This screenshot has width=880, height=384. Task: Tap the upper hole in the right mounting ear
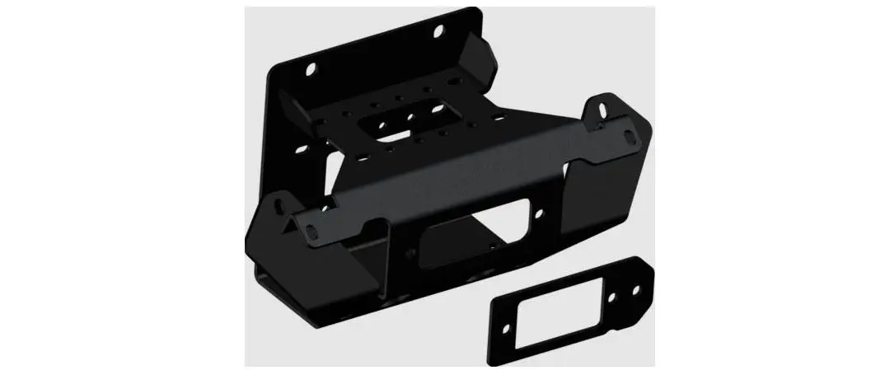pos(601,108)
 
